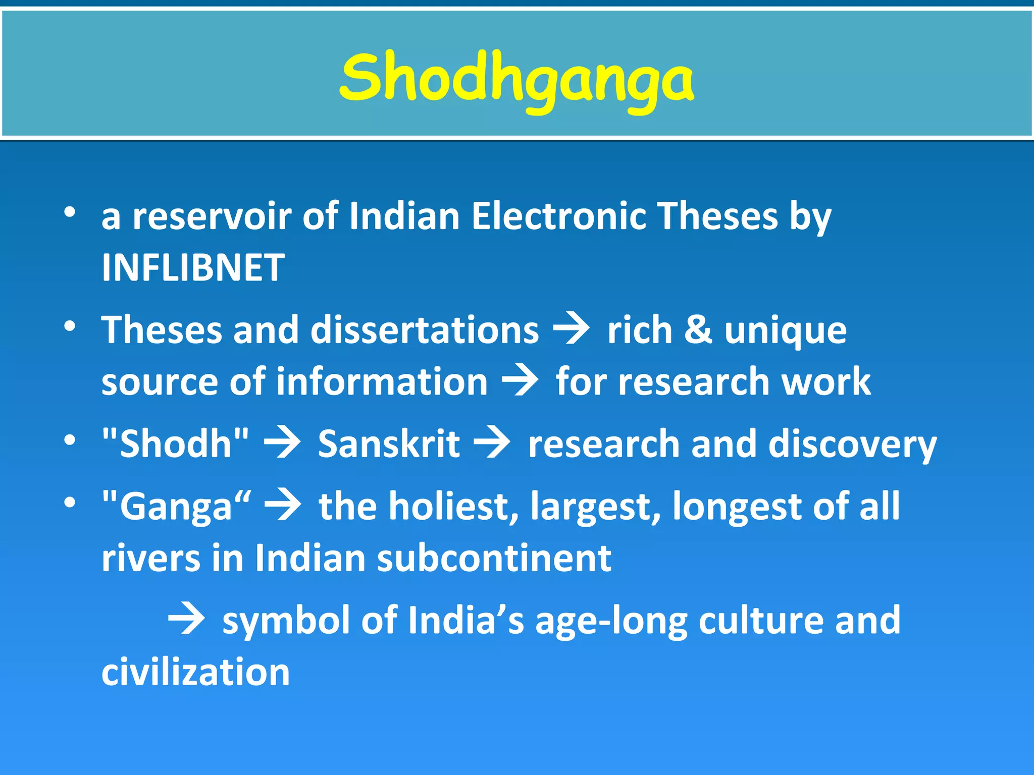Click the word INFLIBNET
[193, 267]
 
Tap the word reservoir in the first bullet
[212, 216]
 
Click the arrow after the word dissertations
[572, 330]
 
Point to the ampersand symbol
[698, 330]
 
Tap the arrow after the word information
[520, 381]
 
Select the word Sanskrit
[389, 444]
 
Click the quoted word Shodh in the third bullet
[175, 444]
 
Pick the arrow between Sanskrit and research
[492, 444]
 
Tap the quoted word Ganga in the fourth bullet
[176, 507]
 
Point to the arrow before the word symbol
[186, 620]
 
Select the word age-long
[611, 622]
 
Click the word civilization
[196, 672]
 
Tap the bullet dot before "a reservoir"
[70, 212]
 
